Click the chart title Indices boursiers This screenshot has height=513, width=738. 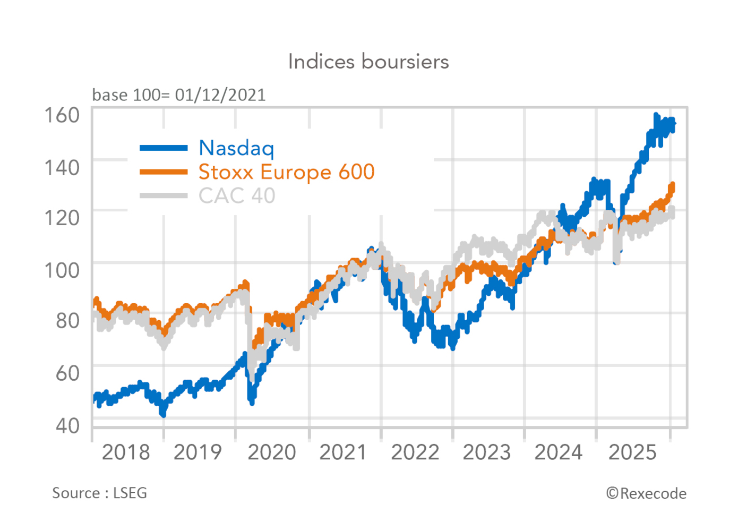(368, 62)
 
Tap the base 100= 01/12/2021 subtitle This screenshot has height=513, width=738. (179, 95)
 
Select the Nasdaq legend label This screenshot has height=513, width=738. (236, 148)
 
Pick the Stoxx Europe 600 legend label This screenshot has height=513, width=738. (287, 172)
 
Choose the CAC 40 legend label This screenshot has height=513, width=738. (237, 196)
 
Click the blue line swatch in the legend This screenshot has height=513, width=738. (164, 148)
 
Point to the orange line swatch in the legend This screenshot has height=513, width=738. (164, 172)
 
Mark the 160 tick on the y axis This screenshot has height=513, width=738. (62, 115)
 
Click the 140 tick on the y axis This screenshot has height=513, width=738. (62, 167)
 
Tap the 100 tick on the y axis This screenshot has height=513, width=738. (62, 270)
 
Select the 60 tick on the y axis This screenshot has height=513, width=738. (67, 373)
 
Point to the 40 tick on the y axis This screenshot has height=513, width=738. (67, 425)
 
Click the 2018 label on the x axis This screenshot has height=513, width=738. (126, 452)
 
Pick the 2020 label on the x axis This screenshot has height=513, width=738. (271, 452)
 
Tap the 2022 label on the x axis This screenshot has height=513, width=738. (415, 452)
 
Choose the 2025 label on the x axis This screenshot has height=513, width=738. (632, 452)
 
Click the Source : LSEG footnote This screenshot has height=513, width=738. (99, 493)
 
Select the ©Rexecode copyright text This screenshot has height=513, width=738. (646, 493)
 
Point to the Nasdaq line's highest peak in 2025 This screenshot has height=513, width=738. (656, 116)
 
